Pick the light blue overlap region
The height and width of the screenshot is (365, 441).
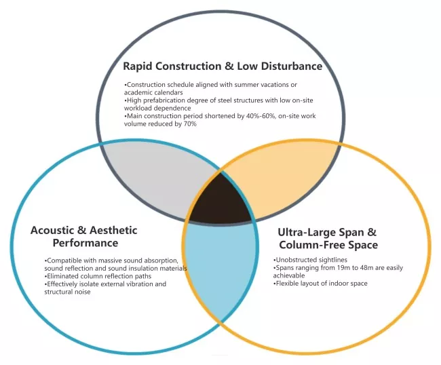[x=220, y=267]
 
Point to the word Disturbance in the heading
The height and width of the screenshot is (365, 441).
[x=292, y=66]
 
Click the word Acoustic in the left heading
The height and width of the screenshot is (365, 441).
[x=52, y=230]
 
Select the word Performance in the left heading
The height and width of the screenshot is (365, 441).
[x=85, y=243]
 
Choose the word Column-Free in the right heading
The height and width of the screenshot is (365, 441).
[x=312, y=245]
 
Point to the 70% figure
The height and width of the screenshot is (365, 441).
[x=191, y=123]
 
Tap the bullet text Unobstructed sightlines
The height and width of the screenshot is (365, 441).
[x=310, y=260]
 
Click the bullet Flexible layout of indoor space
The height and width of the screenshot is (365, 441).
[x=320, y=284]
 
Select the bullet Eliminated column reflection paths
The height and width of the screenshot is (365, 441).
[x=98, y=276]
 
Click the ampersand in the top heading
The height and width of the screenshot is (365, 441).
[x=229, y=66]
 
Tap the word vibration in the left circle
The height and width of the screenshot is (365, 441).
[x=136, y=284]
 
